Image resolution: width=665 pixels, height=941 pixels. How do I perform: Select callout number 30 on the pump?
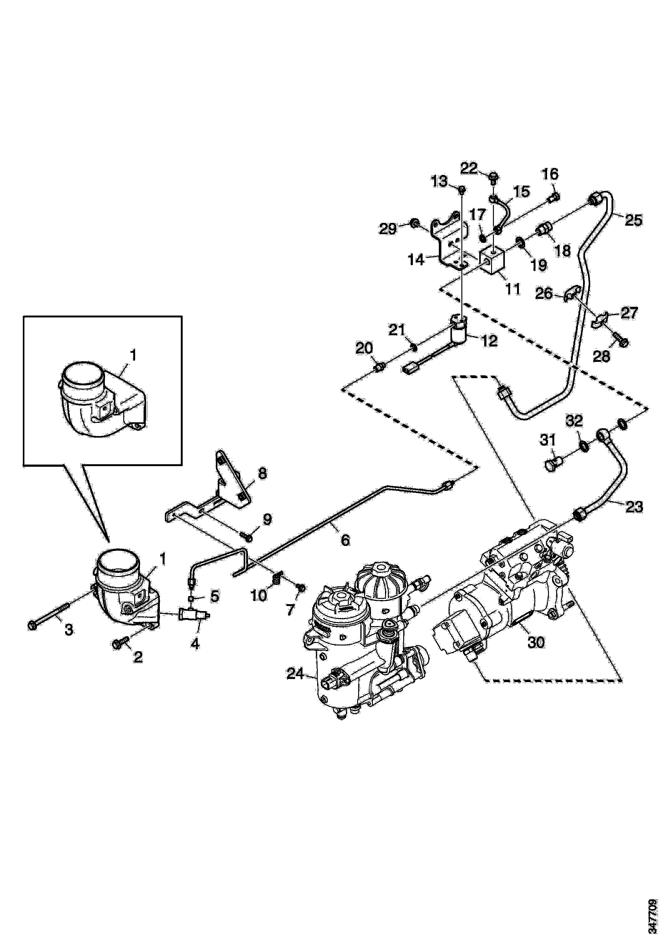(536, 642)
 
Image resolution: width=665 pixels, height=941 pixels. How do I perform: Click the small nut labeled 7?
(301, 588)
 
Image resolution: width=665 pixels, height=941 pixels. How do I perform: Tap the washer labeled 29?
(414, 224)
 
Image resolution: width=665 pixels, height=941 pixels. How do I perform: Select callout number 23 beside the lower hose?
(634, 507)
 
